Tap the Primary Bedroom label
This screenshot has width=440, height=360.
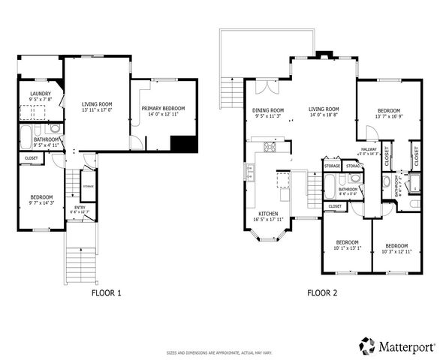pyautogui.click(x=163, y=109)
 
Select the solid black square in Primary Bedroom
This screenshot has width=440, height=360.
pyautogui.click(x=183, y=144)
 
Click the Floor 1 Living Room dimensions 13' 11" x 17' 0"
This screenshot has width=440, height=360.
pyautogui.click(x=96, y=110)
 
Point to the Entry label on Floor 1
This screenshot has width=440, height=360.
pyautogui.click(x=80, y=207)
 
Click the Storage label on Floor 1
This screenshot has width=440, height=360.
pyautogui.click(x=88, y=185)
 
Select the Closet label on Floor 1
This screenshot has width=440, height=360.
pyautogui.click(x=31, y=158)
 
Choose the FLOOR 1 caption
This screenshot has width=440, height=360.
pyautogui.click(x=107, y=293)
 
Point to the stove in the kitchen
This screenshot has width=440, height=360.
pyautogui.click(x=269, y=146)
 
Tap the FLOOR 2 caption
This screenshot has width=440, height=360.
pyautogui.click(x=322, y=293)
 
